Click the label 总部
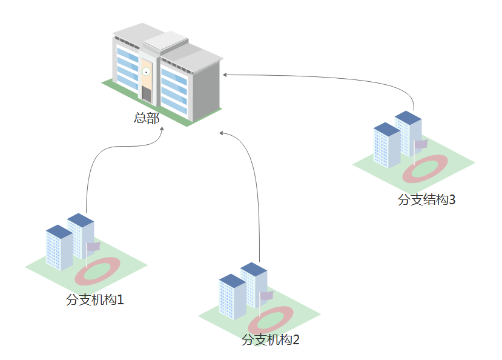pos(147,118)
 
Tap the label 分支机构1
pos(95,299)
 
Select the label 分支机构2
pos(271,339)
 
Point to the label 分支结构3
pos(426,199)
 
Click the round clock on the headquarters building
pos(146,72)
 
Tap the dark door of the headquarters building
pos(146,93)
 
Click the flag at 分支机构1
pos(94,246)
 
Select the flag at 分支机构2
pos(267,295)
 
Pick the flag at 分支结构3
pos(421,144)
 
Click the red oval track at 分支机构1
pos(97,272)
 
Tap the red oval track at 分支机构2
pos(270,319)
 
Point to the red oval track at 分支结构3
pos(426,167)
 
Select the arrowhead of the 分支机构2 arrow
pos(221,132)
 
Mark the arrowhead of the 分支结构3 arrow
pos(225,75)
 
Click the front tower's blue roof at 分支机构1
pos(59,231)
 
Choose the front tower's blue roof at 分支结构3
pos(387,128)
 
